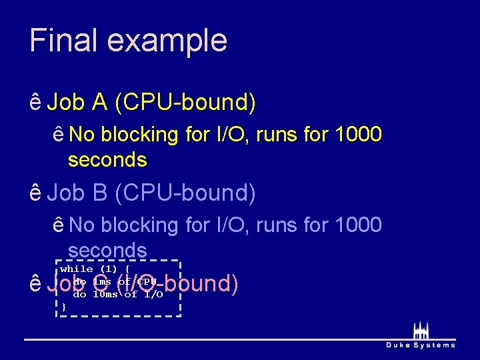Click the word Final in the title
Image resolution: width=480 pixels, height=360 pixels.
[59, 41]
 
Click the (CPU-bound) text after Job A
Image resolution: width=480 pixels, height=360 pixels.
[186, 103]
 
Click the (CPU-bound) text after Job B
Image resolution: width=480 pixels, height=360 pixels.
[186, 193]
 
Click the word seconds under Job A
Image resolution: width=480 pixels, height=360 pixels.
[107, 160]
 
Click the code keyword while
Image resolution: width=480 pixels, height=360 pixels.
[76, 269]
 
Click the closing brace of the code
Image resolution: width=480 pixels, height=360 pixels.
[63, 306]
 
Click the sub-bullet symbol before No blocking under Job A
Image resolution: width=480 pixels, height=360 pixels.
[59, 135]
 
